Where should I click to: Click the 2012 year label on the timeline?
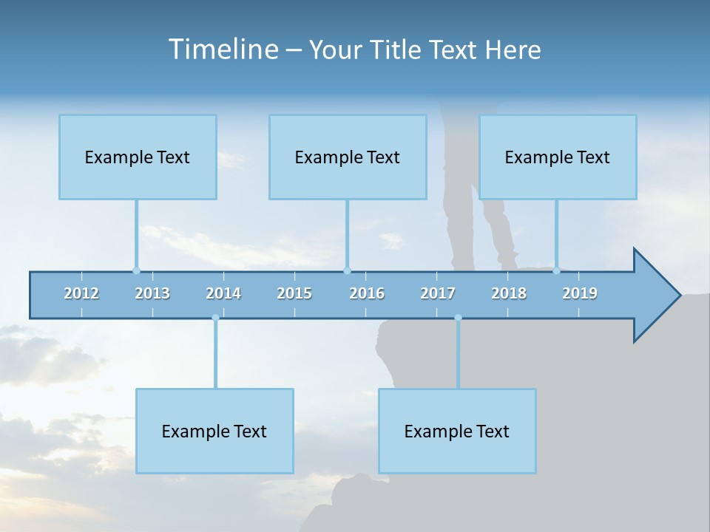81,293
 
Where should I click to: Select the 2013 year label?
152,293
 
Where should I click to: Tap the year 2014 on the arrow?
223,293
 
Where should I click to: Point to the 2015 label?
294,293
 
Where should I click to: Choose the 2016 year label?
367,293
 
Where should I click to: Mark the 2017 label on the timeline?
438,293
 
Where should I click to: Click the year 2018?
509,293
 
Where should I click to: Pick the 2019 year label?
580,293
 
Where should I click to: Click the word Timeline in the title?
223,50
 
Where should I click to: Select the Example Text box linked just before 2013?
138,157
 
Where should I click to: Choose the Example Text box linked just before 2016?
348,157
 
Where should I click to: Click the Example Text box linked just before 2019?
558,157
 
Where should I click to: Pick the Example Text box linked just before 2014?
214,431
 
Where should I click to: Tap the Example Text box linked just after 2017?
457,431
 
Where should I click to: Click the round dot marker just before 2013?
136,270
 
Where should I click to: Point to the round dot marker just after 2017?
458,318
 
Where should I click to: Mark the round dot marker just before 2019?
556,270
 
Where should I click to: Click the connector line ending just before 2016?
347,233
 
